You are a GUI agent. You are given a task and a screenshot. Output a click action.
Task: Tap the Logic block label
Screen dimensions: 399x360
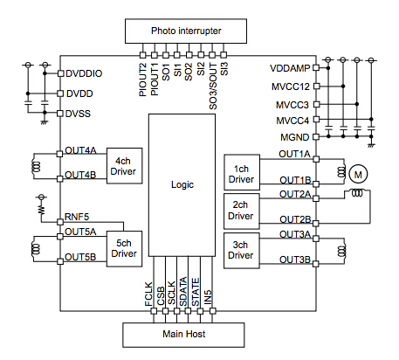pos(182,184)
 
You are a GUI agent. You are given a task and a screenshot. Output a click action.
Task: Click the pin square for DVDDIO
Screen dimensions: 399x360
pos(60,73)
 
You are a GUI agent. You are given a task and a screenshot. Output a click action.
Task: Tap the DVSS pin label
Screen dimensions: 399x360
pos(78,114)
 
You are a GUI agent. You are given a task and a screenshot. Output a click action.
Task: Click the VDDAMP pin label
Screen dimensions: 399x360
pos(290,68)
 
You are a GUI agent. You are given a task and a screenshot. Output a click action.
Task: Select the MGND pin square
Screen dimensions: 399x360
pos(316,136)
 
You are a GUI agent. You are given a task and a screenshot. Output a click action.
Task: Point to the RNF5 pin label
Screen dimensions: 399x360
pos(77,217)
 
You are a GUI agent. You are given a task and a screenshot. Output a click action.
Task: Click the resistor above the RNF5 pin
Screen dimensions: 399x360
pos(42,210)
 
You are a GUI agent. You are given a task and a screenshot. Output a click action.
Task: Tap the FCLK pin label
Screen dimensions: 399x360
pos(148,294)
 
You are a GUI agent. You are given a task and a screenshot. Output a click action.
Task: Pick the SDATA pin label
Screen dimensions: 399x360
pos(183,292)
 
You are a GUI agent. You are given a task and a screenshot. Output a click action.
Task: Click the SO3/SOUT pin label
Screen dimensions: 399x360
pos(213,87)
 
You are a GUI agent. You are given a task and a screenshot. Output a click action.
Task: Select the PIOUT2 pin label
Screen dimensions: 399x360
pos(142,80)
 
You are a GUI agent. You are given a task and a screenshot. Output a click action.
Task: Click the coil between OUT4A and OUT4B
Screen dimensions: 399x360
pos(36,167)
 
